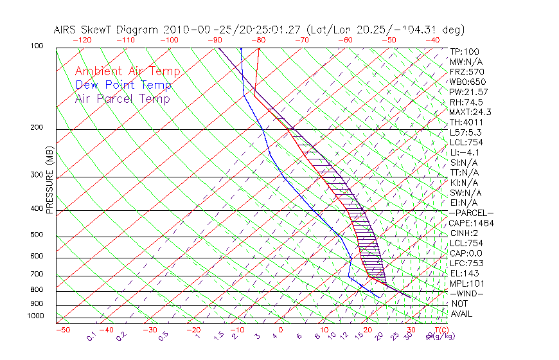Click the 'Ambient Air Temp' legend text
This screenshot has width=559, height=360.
[x=127, y=71]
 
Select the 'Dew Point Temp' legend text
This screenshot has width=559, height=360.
[x=123, y=85]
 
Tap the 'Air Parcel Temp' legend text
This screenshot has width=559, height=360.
[x=123, y=98]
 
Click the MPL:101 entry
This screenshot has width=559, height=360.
[x=466, y=283]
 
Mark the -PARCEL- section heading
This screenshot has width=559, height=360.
[x=471, y=213]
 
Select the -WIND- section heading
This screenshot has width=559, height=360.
[x=467, y=293]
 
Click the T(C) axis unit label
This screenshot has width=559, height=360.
[x=441, y=330]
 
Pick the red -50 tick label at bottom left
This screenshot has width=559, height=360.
[x=62, y=330]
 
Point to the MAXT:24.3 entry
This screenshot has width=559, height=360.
[x=470, y=112]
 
